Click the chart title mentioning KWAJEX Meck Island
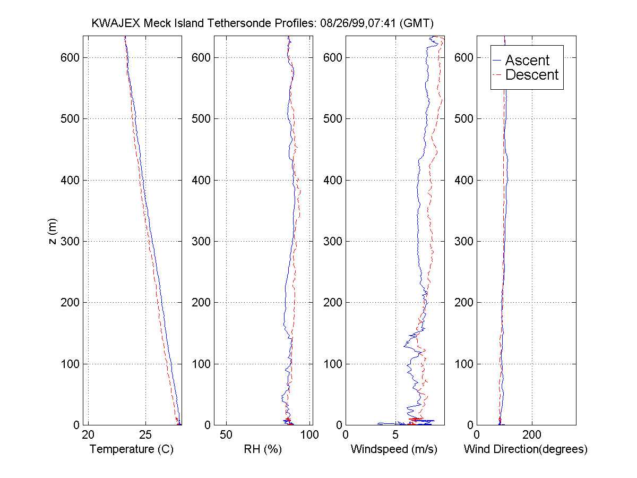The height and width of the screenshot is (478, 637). pyautogui.click(x=263, y=23)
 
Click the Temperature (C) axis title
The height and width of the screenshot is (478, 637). pyautogui.click(x=132, y=449)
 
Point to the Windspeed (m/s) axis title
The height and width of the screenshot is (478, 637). pyautogui.click(x=394, y=449)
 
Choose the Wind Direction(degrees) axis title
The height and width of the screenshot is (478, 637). pyautogui.click(x=526, y=449)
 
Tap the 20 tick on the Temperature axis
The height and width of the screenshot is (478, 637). pyautogui.click(x=89, y=436)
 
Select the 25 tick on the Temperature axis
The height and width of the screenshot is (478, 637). pyautogui.click(x=145, y=436)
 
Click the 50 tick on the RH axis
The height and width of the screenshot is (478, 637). pyautogui.click(x=227, y=436)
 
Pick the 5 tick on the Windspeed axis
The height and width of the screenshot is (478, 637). pyautogui.click(x=395, y=436)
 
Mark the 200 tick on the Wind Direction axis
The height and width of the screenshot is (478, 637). pyautogui.click(x=532, y=436)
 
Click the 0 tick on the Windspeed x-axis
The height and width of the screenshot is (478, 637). pyautogui.click(x=346, y=436)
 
